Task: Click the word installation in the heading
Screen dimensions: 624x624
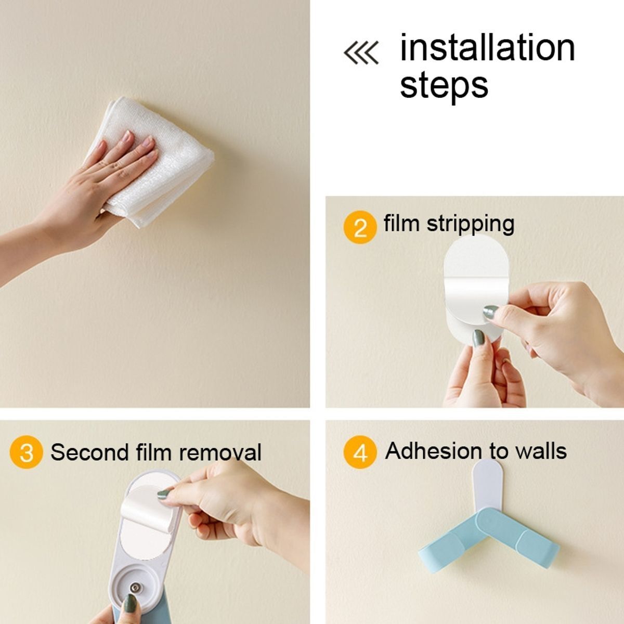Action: (x=487, y=47)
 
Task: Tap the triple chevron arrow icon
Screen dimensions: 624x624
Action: (x=361, y=53)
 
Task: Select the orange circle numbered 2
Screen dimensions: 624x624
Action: (x=360, y=227)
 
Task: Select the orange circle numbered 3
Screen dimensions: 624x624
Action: (x=26, y=452)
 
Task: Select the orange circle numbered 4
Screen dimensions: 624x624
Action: (x=360, y=452)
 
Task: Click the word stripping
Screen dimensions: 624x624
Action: (x=471, y=225)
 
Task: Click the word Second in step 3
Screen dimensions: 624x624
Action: (x=90, y=452)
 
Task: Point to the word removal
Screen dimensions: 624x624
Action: (x=220, y=452)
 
